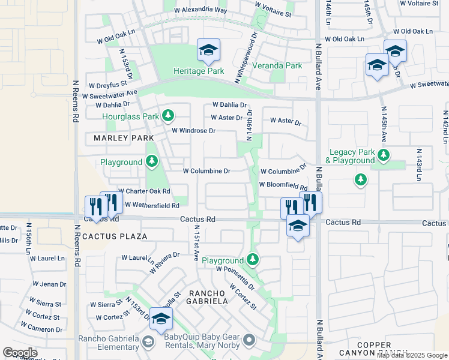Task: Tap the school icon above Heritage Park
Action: [x=208, y=49]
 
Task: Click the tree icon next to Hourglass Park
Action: [x=169, y=116]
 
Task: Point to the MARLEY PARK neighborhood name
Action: [x=120, y=138]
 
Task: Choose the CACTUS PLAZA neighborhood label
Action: [x=115, y=236]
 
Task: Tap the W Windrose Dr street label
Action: [x=193, y=130]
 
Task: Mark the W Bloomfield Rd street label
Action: [x=283, y=185]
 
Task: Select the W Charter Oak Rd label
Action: [x=144, y=191]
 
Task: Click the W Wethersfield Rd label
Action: [x=152, y=205]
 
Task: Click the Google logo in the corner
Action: [x=20, y=353]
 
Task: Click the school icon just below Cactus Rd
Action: [x=297, y=226]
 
